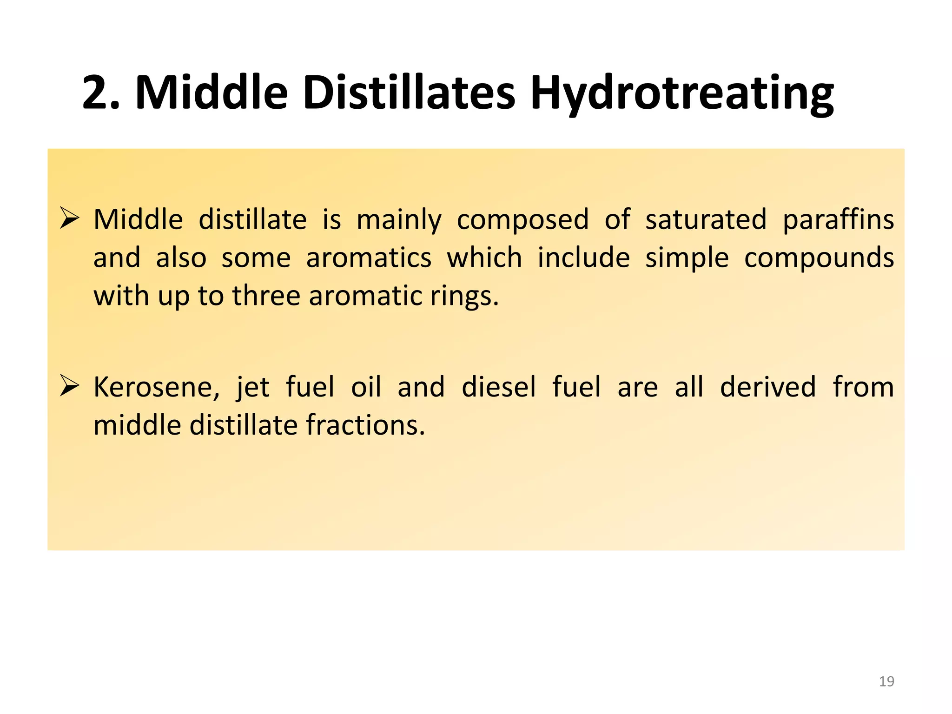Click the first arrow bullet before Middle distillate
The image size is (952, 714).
pos(70,218)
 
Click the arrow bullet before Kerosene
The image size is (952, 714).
pos(70,386)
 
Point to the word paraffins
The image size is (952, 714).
pos(838,220)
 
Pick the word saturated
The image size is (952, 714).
pos(706,219)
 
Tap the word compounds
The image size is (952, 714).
pos(819,258)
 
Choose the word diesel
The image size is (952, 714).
pos(499,387)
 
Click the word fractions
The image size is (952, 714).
pos(365,425)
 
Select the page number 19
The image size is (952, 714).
pos(886,681)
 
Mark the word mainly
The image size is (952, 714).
pos(399,220)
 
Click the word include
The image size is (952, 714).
pos(583,258)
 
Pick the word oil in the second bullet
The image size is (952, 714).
pos(366,387)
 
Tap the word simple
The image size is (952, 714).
pos(687,258)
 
